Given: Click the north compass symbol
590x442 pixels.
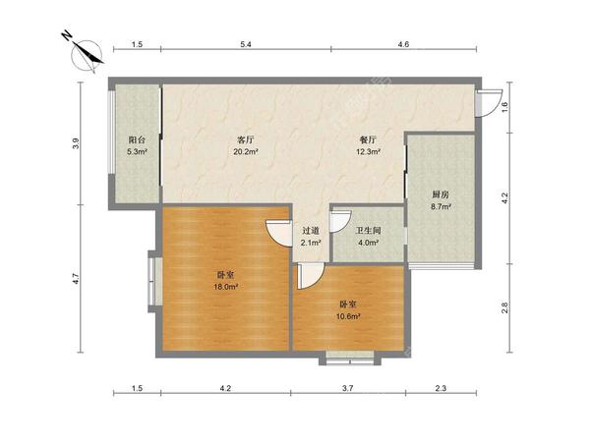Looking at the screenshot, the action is [x=86, y=54].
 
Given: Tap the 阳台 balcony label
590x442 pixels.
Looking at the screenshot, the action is [x=137, y=140].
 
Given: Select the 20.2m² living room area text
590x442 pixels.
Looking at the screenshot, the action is [x=246, y=152].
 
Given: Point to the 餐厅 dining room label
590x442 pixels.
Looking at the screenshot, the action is [x=368, y=140].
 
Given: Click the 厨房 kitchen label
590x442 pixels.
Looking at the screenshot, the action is [x=441, y=194].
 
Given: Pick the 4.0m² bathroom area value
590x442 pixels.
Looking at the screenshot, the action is [x=369, y=243].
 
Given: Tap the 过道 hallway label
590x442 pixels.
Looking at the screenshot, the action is [x=311, y=231].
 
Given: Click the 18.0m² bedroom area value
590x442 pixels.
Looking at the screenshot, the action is [x=226, y=287].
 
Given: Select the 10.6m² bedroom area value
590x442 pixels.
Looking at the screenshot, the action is [x=348, y=316].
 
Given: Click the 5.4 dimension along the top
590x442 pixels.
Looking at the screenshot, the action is [x=246, y=44].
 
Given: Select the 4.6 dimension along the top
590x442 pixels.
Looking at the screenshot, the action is [x=403, y=44].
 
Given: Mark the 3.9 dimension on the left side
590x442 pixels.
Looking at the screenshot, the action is [x=77, y=144].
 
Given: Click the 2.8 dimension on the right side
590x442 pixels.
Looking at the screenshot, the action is [x=505, y=307].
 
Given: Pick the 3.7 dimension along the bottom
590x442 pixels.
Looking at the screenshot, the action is [x=348, y=388].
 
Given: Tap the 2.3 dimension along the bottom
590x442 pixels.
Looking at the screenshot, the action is [x=441, y=388].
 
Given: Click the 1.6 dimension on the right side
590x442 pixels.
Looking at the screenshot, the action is [x=505, y=107].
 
